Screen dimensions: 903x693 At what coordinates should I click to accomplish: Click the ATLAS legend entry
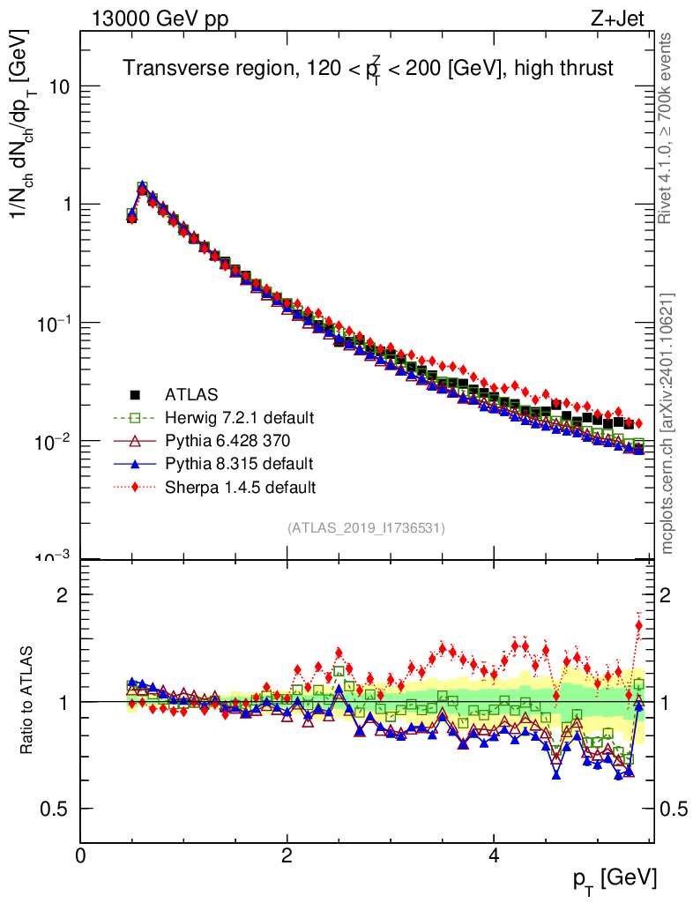(191, 394)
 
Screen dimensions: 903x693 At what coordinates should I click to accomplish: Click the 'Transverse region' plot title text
(367, 69)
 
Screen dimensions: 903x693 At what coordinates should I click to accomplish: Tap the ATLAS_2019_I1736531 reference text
(366, 528)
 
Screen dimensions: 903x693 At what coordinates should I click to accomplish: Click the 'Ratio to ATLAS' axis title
(28, 701)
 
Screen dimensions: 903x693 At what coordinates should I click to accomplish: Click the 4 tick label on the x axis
(495, 855)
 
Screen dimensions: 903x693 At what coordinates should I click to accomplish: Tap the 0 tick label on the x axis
(81, 855)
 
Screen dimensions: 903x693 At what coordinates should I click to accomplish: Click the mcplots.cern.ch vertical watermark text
(668, 423)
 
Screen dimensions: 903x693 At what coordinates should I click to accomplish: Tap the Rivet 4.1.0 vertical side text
(668, 128)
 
